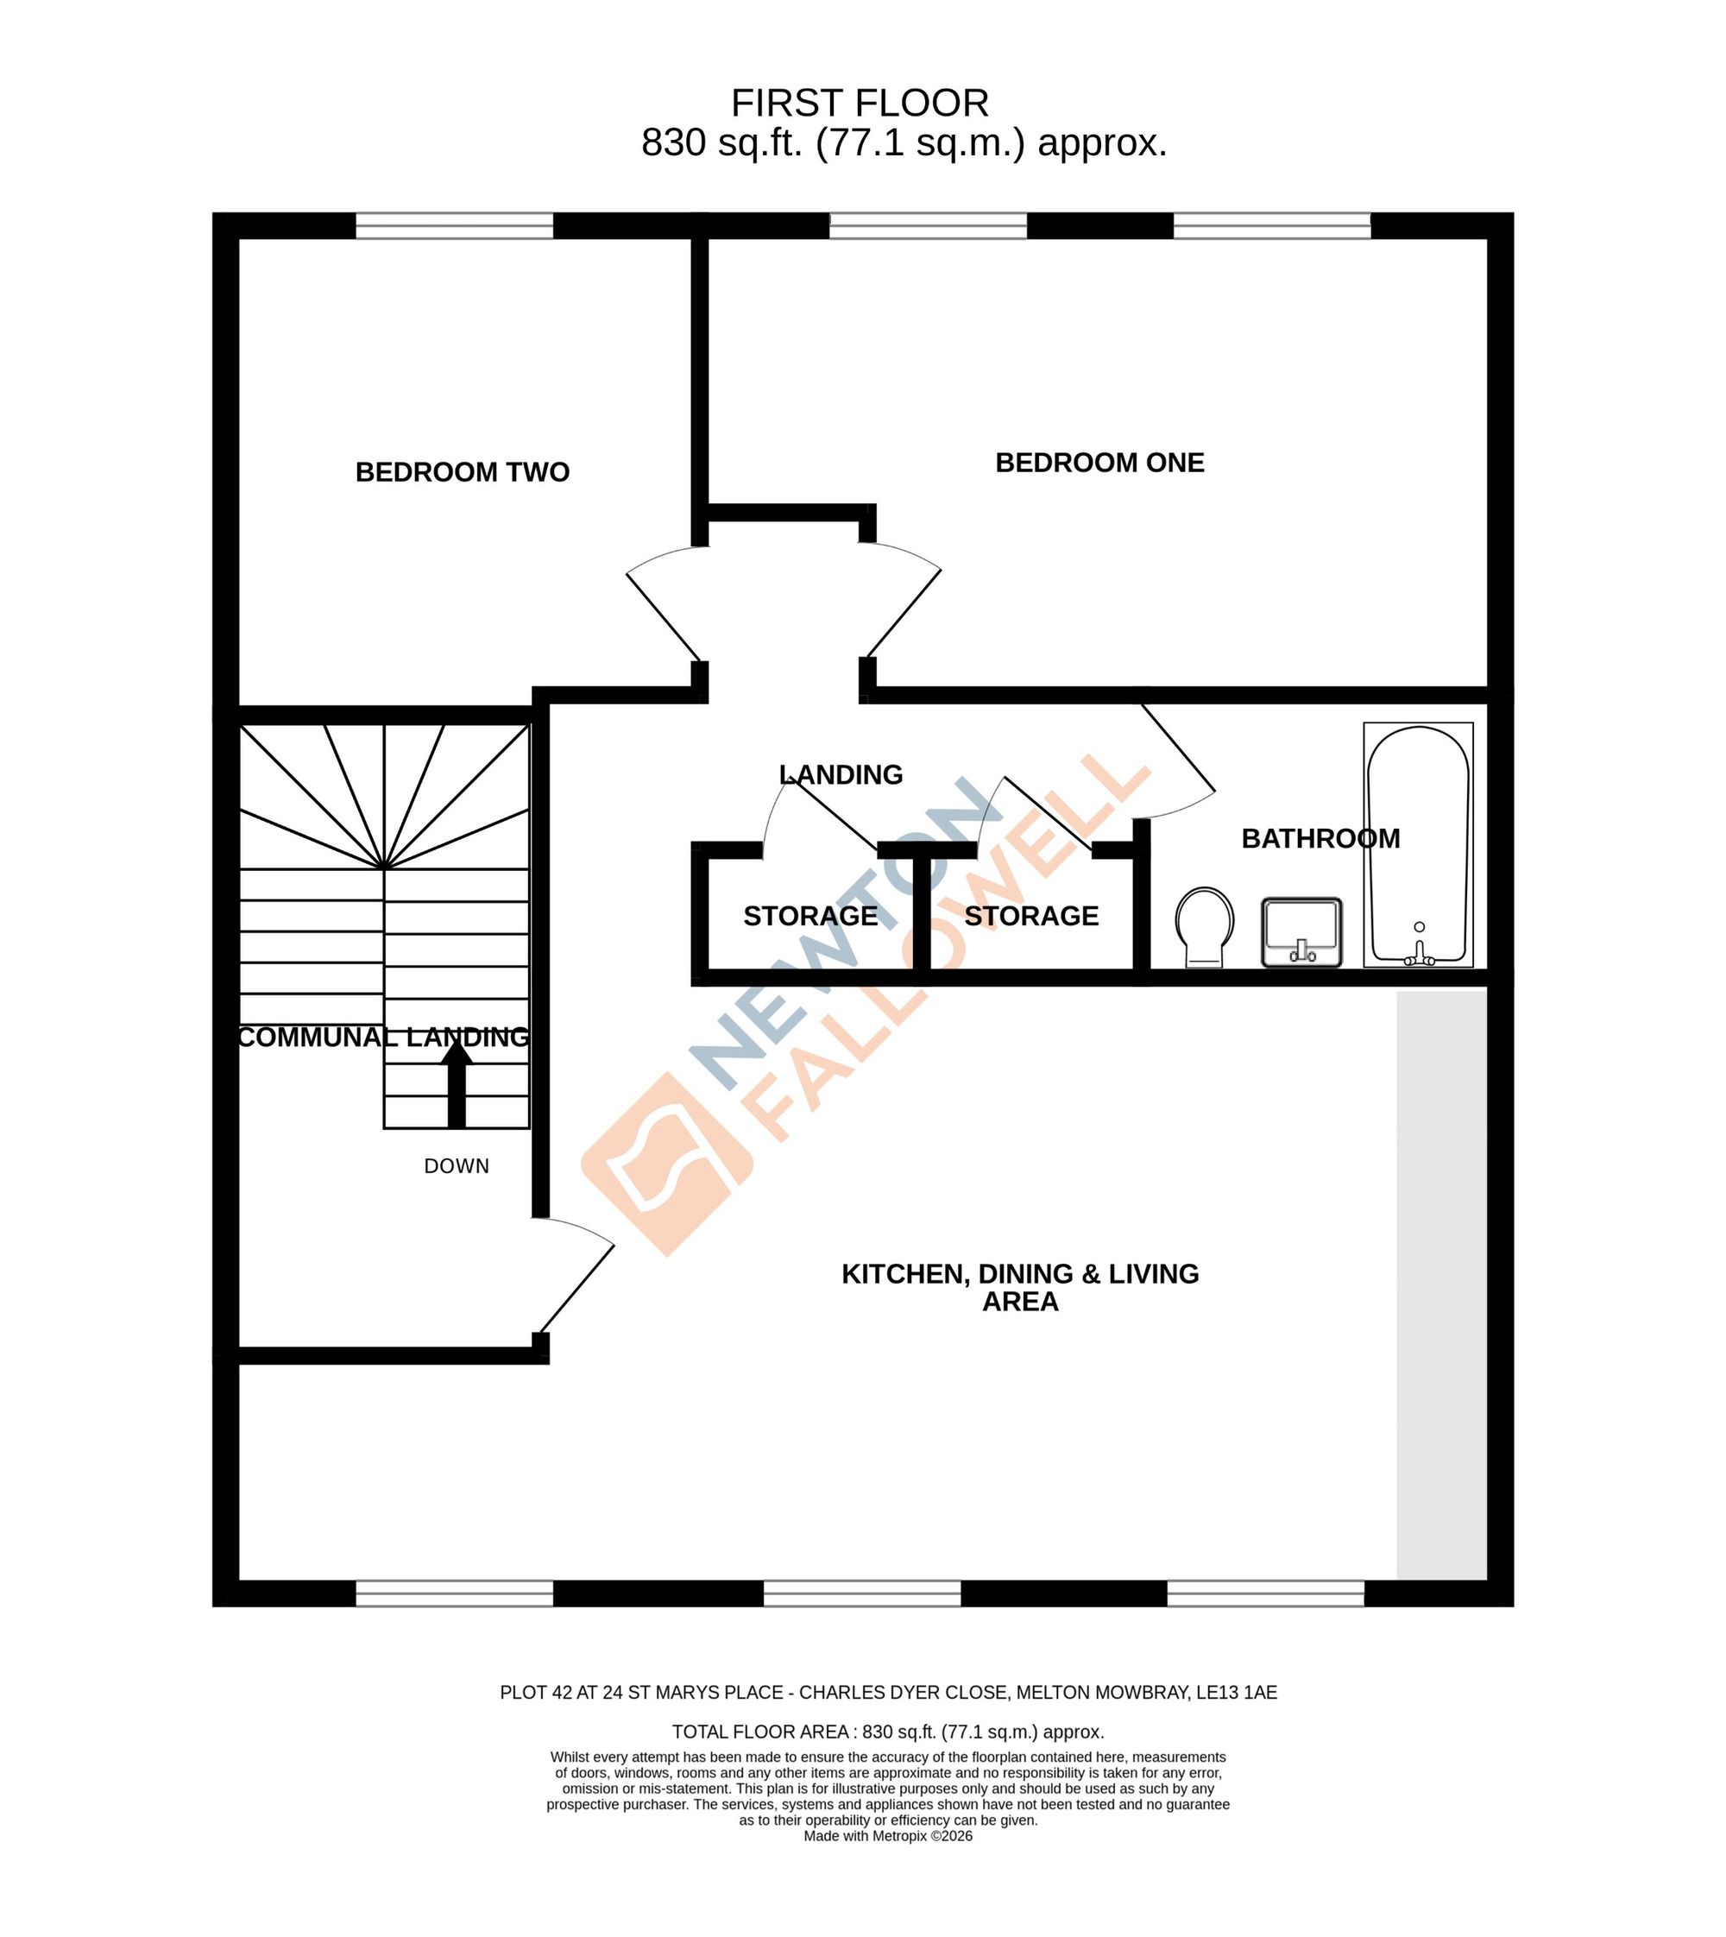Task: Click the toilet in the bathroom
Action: [x=1205, y=927]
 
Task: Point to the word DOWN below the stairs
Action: [x=457, y=1166]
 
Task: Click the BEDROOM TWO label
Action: [x=462, y=472]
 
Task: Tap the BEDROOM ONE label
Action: [x=1099, y=463]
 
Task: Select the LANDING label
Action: [x=841, y=775]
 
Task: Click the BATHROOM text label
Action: [x=1320, y=838]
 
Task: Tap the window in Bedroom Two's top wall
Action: [x=454, y=226]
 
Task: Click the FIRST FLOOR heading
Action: [x=860, y=103]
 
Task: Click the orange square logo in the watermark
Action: [x=667, y=1164]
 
